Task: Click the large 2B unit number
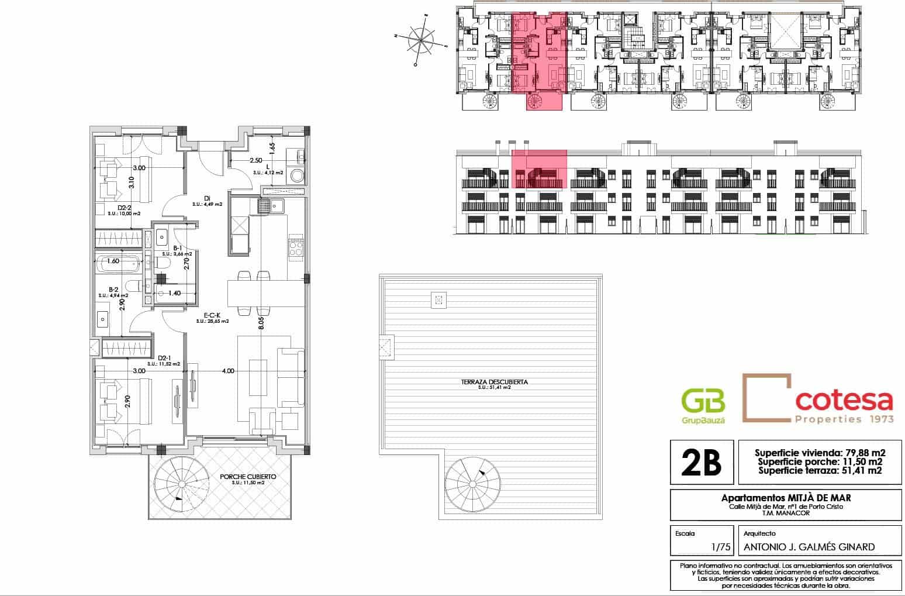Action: click(700, 463)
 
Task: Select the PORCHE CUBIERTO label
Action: click(248, 477)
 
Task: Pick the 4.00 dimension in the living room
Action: click(228, 371)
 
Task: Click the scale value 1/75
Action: click(721, 547)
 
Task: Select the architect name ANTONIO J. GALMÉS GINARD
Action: click(809, 547)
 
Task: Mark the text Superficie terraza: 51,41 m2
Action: click(820, 470)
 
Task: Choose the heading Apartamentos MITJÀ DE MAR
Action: click(786, 498)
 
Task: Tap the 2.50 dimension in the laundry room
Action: click(255, 160)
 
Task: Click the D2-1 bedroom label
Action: click(164, 358)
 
